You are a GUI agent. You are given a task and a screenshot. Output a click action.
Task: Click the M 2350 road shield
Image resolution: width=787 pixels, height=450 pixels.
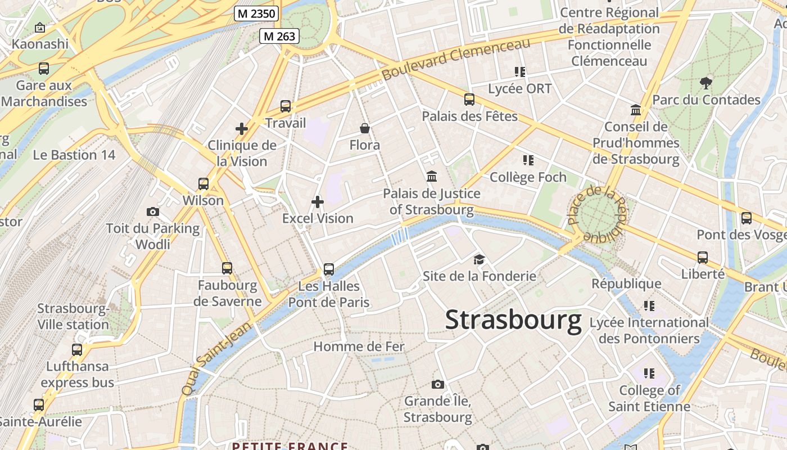point(256,13)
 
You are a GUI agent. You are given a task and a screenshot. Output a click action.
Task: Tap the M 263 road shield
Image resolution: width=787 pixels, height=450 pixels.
point(279,37)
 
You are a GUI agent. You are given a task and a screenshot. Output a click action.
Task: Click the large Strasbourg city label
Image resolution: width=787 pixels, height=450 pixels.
point(513,320)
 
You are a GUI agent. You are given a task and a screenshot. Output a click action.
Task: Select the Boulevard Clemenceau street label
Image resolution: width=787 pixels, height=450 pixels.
point(456,59)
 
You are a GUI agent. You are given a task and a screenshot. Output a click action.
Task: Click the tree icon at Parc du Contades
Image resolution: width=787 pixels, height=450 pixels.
point(706,84)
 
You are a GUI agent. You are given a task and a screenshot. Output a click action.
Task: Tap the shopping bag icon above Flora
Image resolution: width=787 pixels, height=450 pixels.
point(365,129)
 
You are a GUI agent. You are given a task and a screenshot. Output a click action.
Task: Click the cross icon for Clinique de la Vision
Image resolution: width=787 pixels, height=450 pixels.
point(242,129)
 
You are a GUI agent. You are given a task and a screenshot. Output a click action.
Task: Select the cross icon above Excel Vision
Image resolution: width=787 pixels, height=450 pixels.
point(318,202)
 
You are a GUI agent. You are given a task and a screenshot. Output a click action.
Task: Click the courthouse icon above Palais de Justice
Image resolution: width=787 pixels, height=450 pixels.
point(432,177)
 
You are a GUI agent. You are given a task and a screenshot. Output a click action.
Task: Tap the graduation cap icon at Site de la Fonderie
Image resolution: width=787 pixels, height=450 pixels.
point(479,259)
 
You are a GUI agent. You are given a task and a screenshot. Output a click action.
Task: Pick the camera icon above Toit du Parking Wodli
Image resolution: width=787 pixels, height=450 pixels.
point(152,211)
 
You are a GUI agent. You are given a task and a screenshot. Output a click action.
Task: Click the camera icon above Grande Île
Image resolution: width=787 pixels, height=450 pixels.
point(438,385)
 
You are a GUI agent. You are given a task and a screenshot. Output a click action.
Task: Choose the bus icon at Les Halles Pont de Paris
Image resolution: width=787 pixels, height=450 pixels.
point(329,269)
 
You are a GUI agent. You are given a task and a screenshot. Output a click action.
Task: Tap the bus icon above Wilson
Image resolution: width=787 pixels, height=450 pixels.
point(203,184)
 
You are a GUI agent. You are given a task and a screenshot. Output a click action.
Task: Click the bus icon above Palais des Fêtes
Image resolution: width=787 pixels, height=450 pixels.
point(469,100)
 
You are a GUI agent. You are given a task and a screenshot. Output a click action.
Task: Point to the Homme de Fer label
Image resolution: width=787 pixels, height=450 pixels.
point(359,346)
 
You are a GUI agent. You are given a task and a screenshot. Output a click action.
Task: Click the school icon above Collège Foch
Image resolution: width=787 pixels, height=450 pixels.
point(528,161)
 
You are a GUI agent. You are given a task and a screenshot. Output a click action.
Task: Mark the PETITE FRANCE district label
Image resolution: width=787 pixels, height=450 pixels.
point(290,445)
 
